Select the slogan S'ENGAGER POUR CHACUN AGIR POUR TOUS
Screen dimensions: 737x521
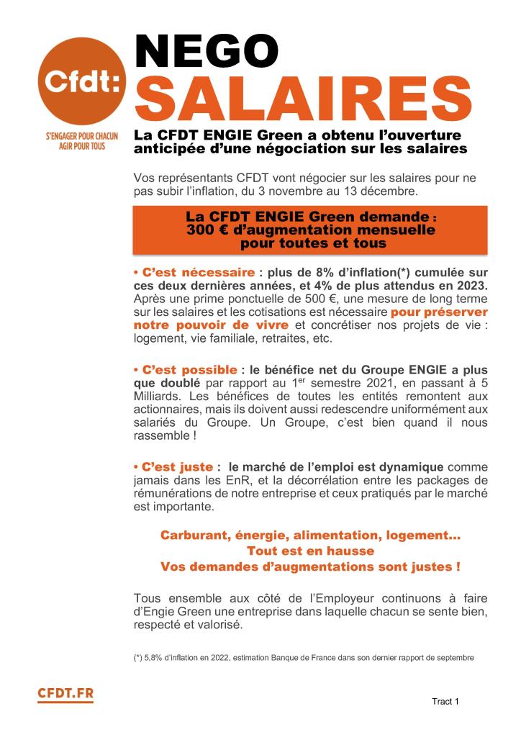82,139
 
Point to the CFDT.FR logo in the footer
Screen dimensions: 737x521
65,695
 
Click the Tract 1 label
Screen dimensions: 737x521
445,701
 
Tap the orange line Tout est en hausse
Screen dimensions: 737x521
310,551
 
